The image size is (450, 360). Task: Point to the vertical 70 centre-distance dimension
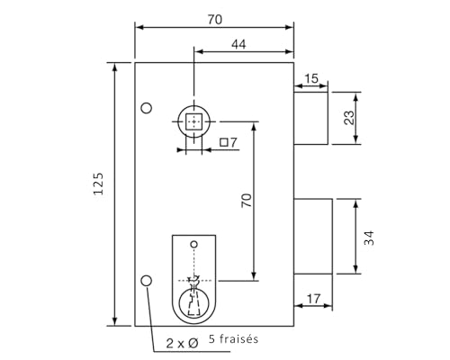(245, 200)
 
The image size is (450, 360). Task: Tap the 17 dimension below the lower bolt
(314, 298)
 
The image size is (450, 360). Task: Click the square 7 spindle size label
(228, 142)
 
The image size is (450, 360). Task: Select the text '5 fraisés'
(233, 339)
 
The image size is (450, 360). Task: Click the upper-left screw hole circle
(147, 109)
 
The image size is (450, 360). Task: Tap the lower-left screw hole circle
(147, 282)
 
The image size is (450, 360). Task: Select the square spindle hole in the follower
(193, 121)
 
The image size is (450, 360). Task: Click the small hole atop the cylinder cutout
(193, 244)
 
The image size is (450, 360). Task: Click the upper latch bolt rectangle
(310, 117)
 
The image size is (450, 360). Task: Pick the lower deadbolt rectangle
(313, 236)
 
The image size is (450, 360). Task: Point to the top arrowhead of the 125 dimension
(115, 67)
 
